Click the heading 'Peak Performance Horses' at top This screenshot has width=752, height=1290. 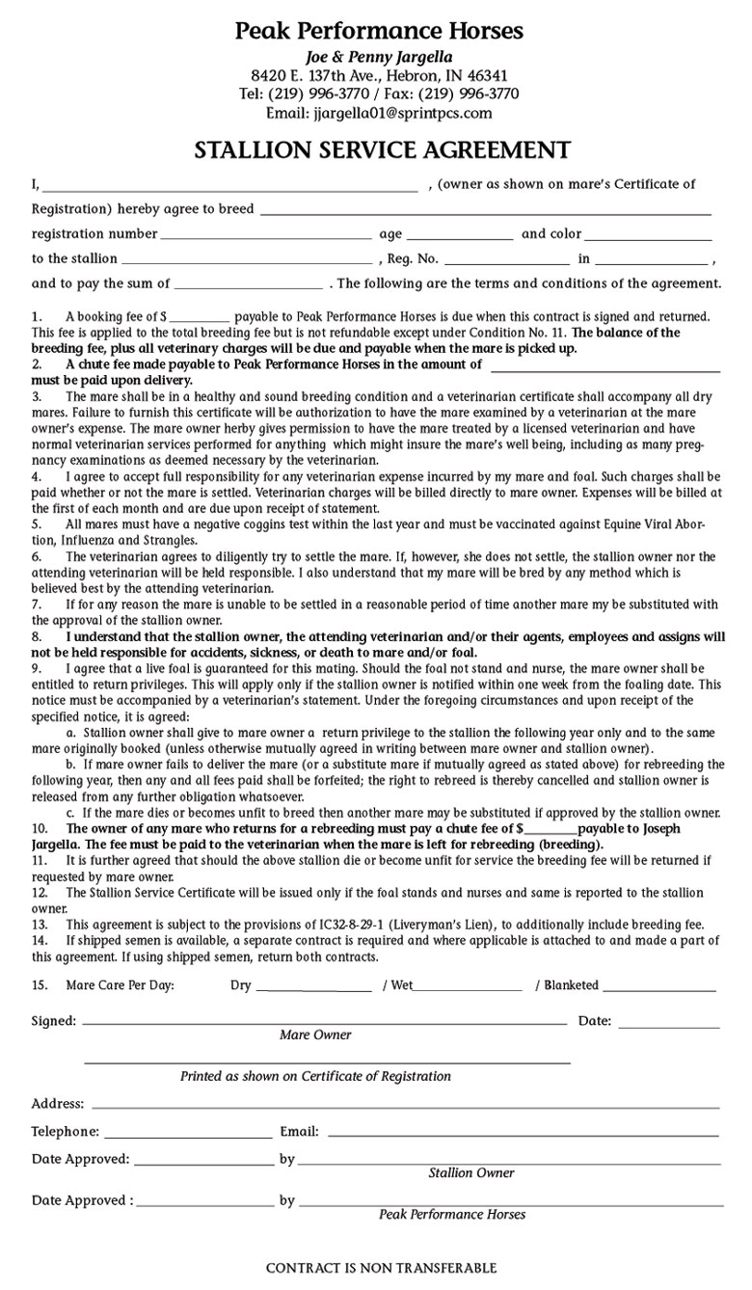pyautogui.click(x=379, y=31)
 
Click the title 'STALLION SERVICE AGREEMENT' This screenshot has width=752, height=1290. pyautogui.click(x=382, y=150)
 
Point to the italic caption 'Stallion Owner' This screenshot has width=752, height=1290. pyautogui.click(x=471, y=1173)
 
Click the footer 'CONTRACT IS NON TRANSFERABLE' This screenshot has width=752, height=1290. pyautogui.click(x=382, y=1268)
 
